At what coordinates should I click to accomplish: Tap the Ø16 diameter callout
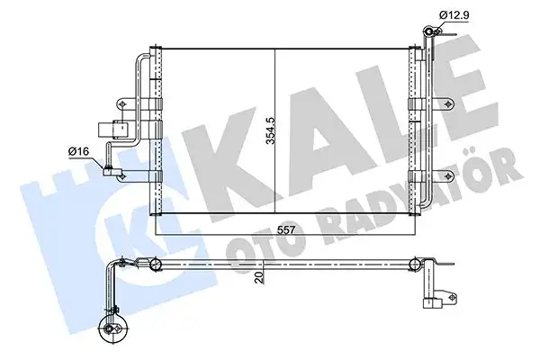click(x=79, y=151)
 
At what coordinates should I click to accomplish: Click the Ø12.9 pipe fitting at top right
click(x=433, y=35)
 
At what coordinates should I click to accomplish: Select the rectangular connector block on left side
click(x=112, y=131)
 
